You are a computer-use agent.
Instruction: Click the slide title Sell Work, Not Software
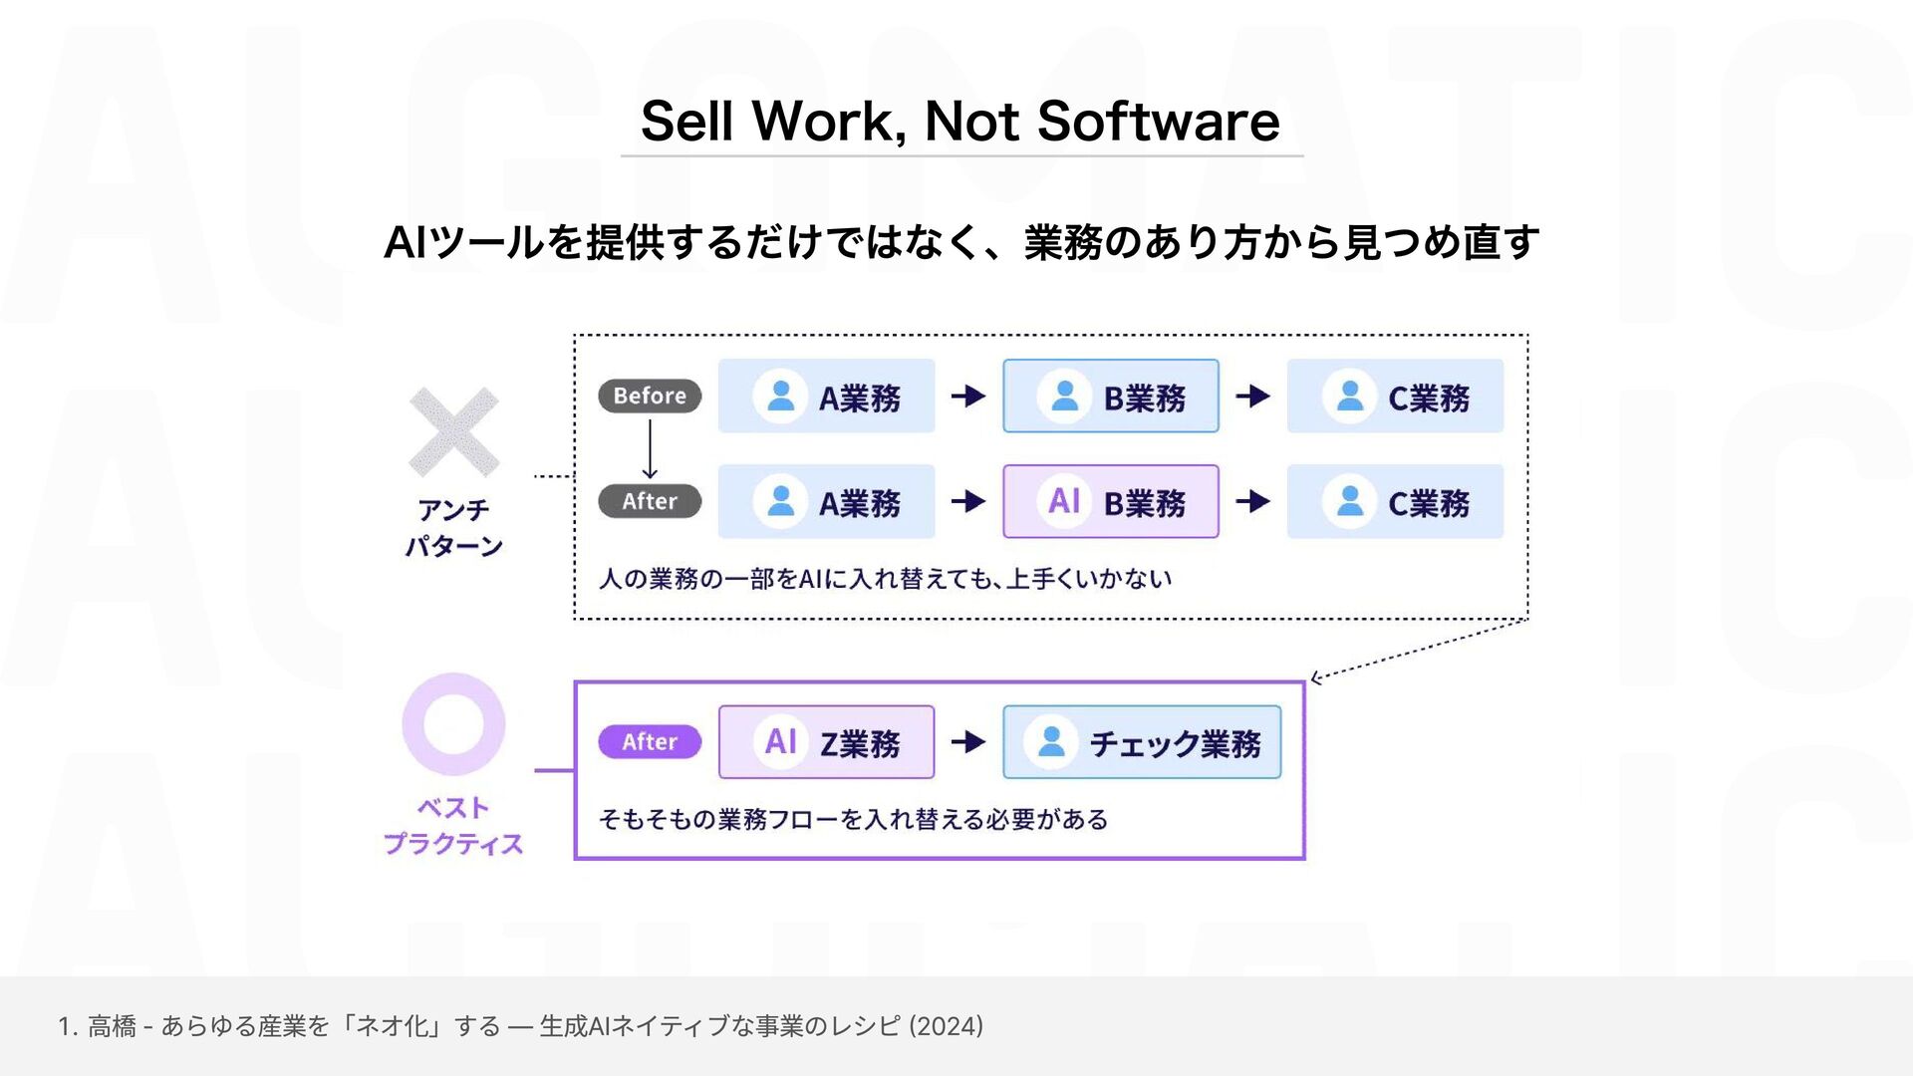point(959,122)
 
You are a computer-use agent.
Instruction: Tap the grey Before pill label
point(650,396)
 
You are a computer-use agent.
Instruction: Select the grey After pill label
point(650,501)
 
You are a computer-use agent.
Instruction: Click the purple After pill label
point(650,742)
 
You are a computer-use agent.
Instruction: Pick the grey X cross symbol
point(453,432)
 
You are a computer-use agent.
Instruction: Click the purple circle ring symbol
point(453,724)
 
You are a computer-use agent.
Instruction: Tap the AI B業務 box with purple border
point(1110,501)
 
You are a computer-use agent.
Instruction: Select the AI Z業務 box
point(826,742)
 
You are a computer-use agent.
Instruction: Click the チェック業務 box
point(1142,742)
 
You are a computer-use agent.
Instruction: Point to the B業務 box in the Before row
point(1110,396)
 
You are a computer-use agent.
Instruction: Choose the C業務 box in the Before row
point(1395,396)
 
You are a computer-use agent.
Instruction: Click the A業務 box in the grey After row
point(826,501)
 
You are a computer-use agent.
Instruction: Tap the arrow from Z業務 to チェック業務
point(968,742)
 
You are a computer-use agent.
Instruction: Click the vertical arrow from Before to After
point(650,448)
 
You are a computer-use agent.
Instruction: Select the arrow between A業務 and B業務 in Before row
point(968,396)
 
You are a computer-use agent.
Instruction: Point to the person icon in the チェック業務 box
point(1051,742)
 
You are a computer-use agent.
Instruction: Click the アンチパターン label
point(453,528)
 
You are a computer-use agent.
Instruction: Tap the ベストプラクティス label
point(453,826)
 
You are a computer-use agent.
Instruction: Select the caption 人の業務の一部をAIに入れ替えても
point(885,579)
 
